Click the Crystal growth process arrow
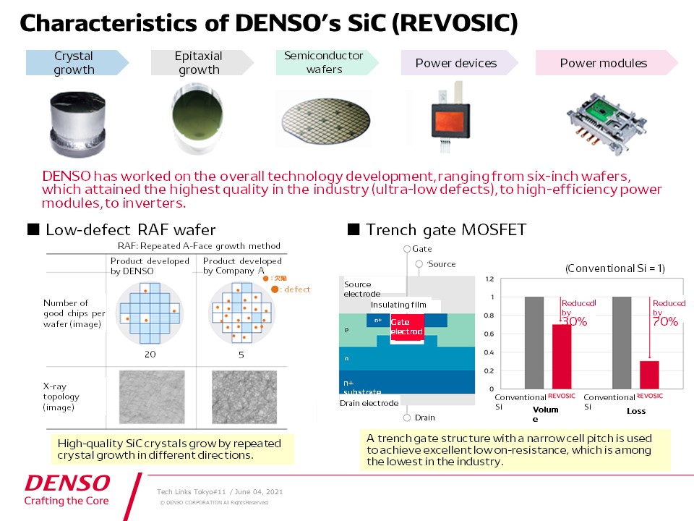pos(75,63)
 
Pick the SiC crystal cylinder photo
pos(74,119)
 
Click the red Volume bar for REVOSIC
pos(561,356)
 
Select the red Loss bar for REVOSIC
pos(649,374)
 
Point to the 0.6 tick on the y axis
pos(489,334)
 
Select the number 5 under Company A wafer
pos(240,355)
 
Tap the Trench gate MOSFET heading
pos(445,230)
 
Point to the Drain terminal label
pos(424,418)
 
